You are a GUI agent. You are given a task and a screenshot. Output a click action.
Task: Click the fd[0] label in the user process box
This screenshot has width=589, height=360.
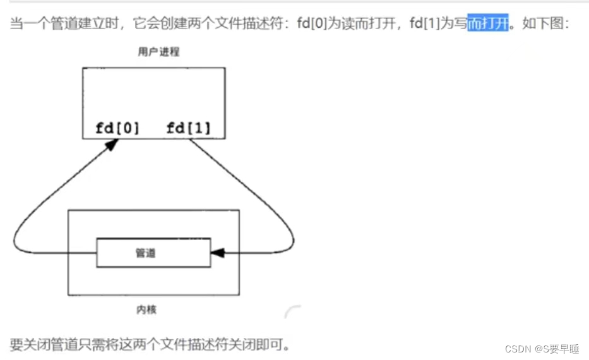click(117, 128)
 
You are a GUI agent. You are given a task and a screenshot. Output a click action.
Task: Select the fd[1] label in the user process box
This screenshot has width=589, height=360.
click(188, 128)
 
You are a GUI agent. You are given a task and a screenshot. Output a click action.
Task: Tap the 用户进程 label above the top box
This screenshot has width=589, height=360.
click(158, 52)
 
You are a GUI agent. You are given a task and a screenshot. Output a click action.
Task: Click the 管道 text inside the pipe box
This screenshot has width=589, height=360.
click(145, 253)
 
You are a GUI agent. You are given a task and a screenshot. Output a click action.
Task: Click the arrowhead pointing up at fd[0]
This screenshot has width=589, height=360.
click(112, 144)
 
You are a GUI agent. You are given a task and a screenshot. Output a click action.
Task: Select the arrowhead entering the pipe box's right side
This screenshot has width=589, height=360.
click(218, 253)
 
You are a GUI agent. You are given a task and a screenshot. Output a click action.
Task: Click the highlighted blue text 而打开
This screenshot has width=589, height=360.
click(487, 25)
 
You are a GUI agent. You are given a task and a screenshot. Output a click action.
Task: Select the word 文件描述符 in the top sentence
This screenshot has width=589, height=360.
click(251, 25)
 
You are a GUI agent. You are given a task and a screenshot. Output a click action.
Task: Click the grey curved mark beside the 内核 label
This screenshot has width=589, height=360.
click(292, 311)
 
